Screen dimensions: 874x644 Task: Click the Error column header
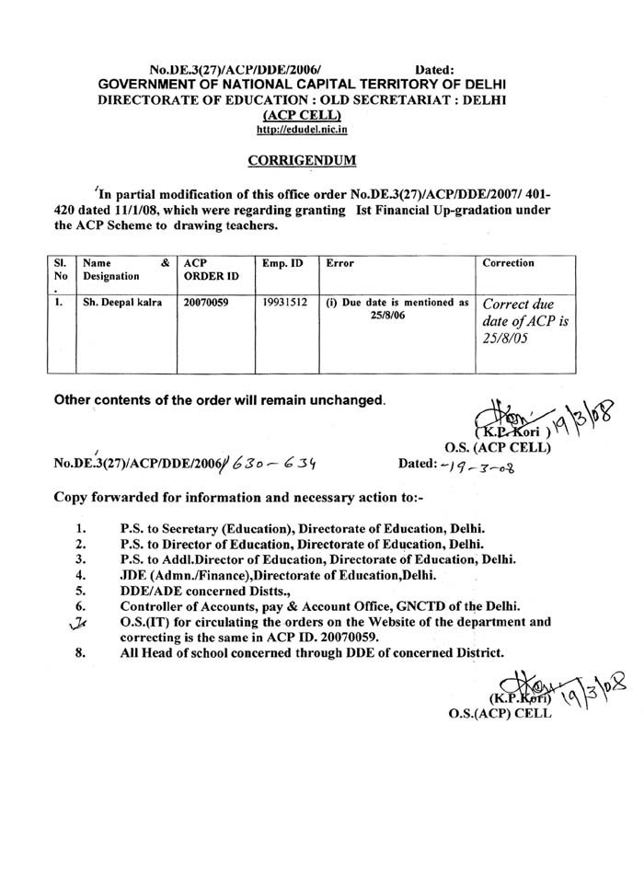[340, 263]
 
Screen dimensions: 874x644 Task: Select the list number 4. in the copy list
[81, 575]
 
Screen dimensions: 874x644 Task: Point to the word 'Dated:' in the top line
[435, 68]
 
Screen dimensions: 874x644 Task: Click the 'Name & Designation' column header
[124, 268]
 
